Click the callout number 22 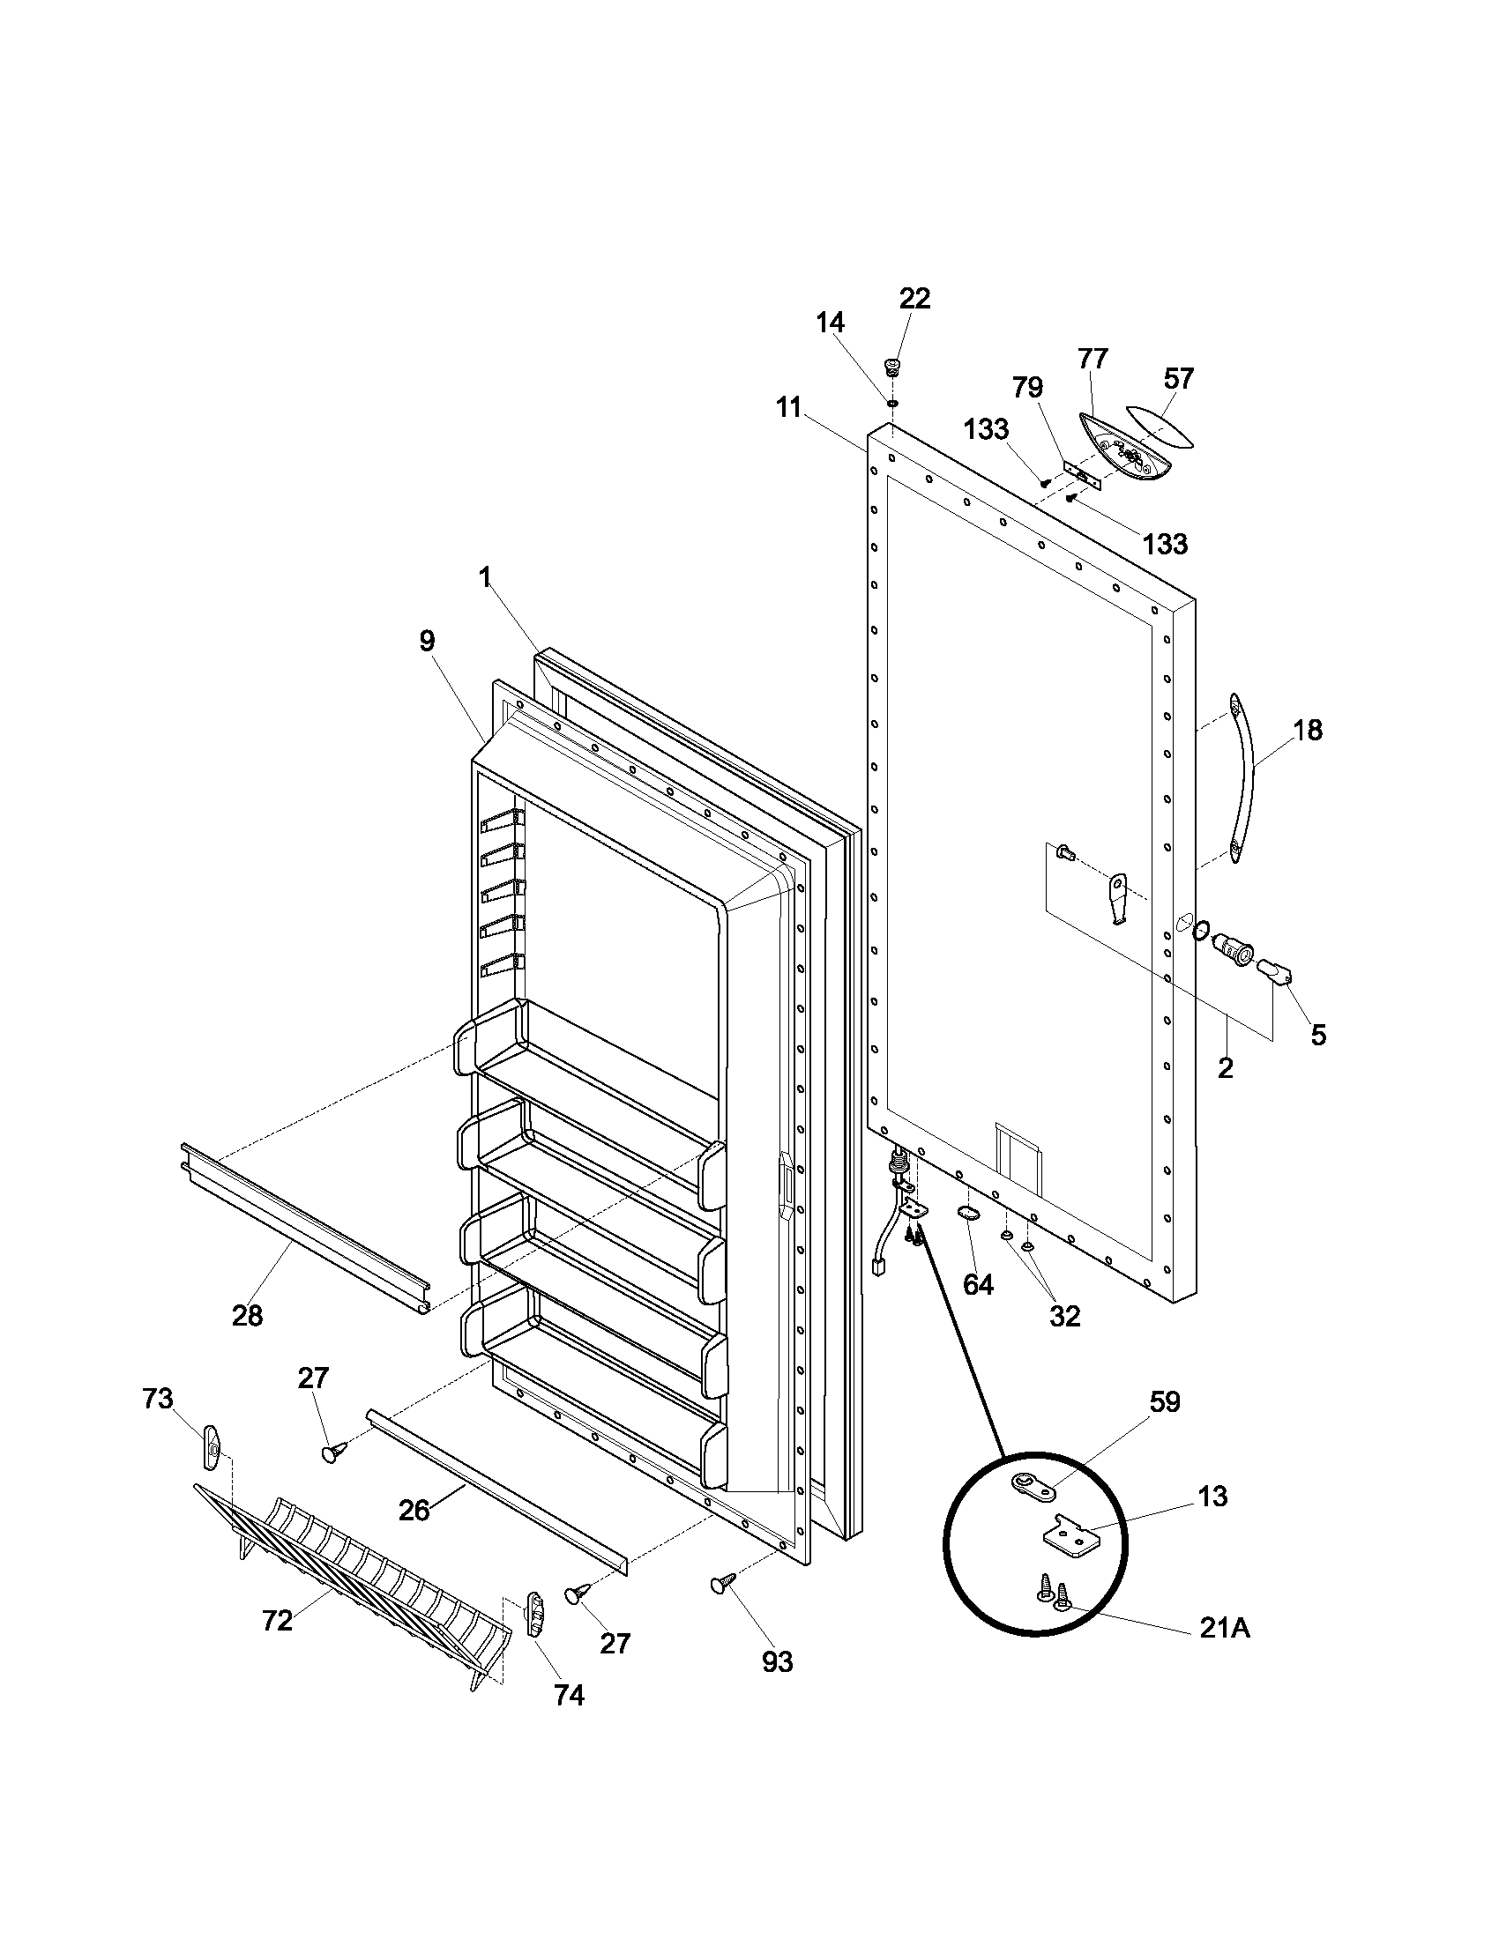[x=914, y=299]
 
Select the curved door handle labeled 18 [x=1247, y=779]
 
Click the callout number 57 [x=1178, y=379]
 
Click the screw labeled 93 [x=722, y=1581]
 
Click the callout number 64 [x=978, y=1285]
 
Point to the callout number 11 [x=787, y=408]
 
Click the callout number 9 [x=428, y=641]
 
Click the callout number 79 [x=1027, y=388]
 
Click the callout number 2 [x=1225, y=1068]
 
